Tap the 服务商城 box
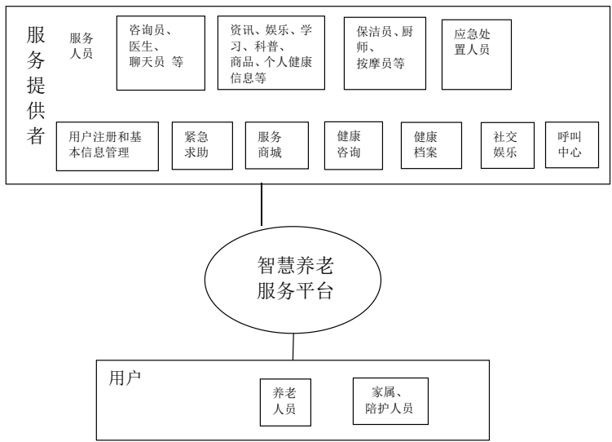(277, 146)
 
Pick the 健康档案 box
(431, 145)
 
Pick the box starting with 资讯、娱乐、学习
(272, 51)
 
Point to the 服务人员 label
(81, 46)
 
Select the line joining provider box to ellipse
(261, 204)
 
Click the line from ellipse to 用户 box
(294, 347)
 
